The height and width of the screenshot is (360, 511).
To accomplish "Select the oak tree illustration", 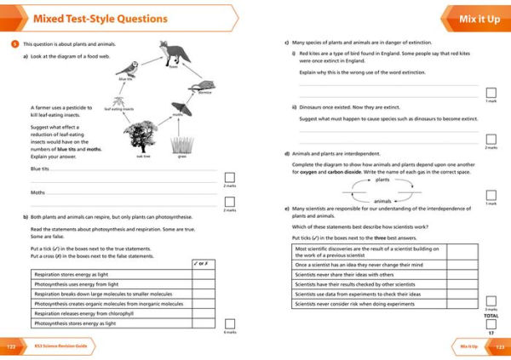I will [x=140, y=134].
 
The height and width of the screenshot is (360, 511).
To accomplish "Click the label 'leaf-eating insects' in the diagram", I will [x=120, y=109].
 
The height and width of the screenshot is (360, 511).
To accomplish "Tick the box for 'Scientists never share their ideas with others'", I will [x=462, y=275].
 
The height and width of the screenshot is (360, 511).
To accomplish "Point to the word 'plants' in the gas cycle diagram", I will [x=383, y=180].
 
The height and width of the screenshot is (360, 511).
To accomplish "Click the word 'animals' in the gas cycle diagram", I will [x=383, y=201].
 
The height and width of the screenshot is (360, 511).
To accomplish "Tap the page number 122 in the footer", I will [x=11, y=347].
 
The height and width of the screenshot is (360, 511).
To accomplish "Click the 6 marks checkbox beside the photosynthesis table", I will [x=228, y=324].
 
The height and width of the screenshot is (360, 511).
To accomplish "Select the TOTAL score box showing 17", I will [x=491, y=323].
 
